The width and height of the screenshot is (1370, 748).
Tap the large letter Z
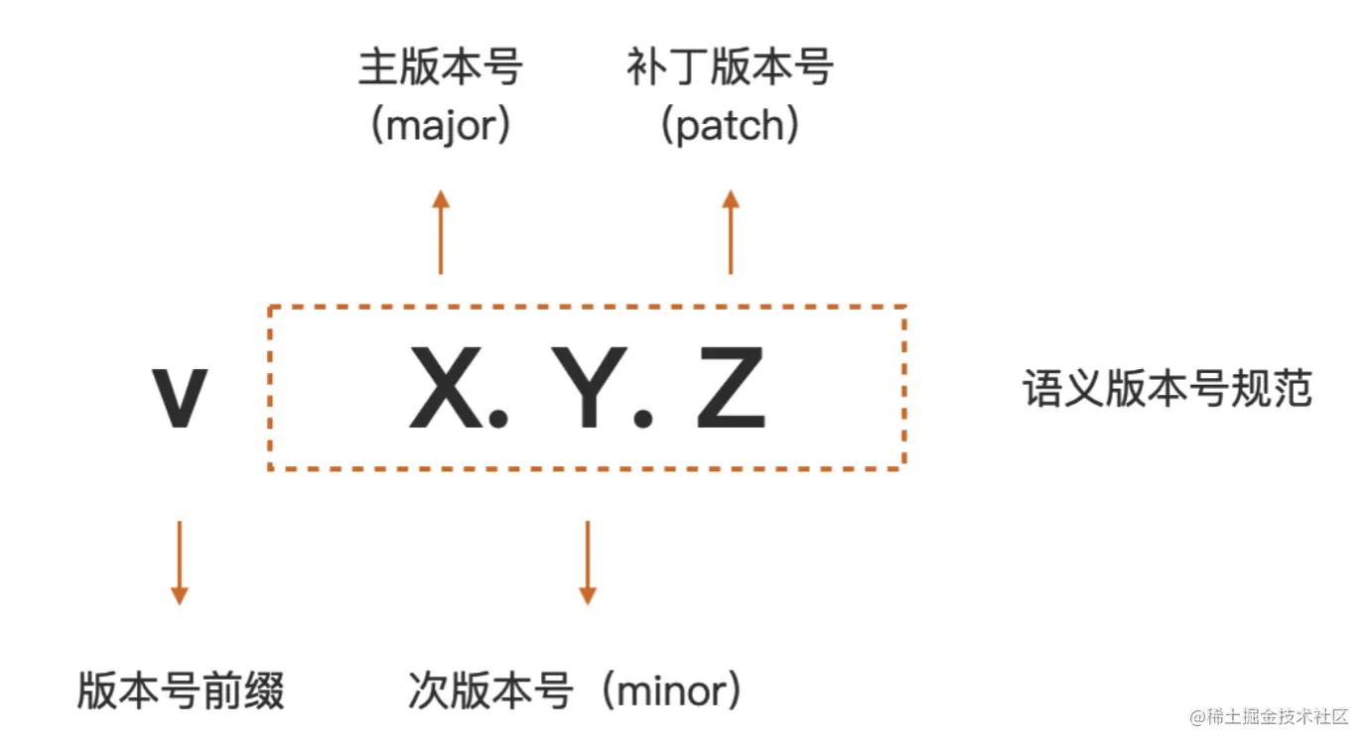731,389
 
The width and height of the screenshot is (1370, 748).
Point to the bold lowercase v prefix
180,397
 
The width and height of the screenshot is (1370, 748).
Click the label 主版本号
440,68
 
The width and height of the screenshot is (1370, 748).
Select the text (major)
440,126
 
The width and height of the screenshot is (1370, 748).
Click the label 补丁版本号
730,68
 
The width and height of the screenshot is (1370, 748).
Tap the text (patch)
730,126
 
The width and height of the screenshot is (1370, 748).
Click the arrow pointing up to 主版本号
441,232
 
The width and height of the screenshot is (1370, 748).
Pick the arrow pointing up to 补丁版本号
731,232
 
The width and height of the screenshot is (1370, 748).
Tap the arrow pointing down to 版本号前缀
179,561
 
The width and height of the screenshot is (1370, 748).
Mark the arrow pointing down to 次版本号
588,561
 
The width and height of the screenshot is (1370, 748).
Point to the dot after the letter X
497,419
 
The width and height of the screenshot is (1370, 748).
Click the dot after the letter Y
643,419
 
